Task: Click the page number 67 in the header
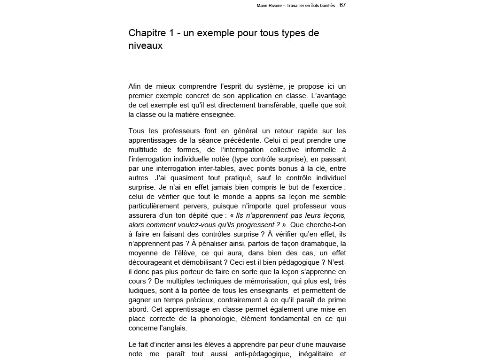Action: [342, 5]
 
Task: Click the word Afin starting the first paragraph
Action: [135, 86]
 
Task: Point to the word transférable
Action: [272, 105]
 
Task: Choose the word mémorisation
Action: [256, 281]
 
